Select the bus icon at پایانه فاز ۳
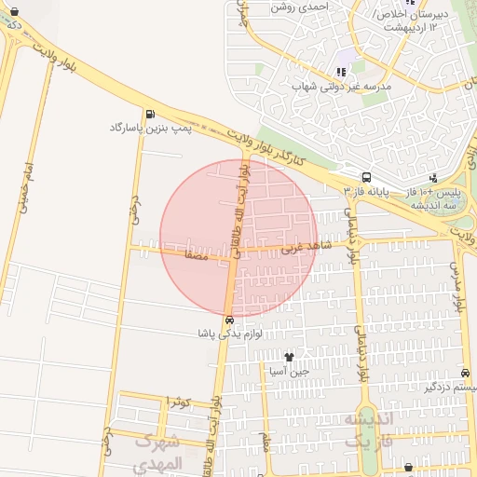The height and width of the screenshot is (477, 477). point(366,176)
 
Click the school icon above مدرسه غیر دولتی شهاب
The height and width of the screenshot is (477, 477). point(341,70)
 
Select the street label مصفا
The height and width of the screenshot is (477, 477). point(198,252)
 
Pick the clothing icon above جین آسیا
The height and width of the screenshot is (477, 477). point(289,357)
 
